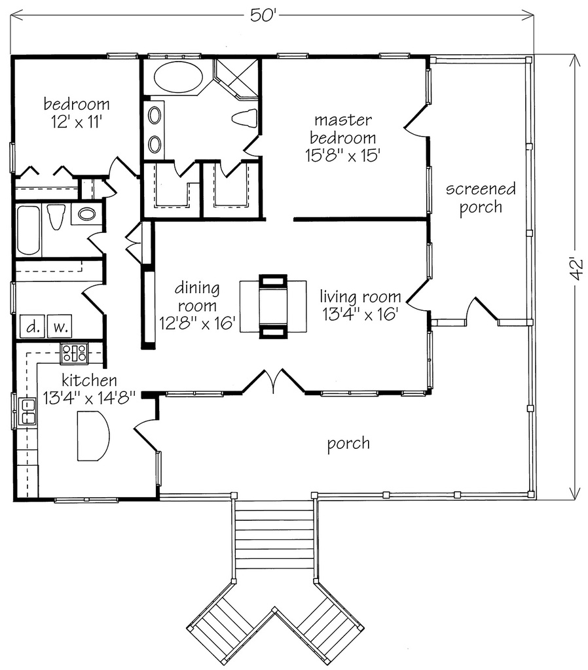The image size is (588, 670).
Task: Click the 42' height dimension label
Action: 576,269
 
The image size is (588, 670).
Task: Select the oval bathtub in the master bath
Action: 178,79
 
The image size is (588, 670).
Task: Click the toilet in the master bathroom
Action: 244,118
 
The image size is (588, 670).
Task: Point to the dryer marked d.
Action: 31,325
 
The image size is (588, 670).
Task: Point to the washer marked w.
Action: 59,325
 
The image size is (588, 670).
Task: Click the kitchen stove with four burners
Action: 74,353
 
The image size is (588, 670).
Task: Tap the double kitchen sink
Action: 28,412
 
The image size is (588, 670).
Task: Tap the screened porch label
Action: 481,198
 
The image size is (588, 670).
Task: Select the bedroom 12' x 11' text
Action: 76,113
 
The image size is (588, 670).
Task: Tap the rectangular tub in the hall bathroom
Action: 28,230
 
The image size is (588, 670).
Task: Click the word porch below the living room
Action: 348,444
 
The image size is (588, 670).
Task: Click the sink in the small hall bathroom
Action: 86,213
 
